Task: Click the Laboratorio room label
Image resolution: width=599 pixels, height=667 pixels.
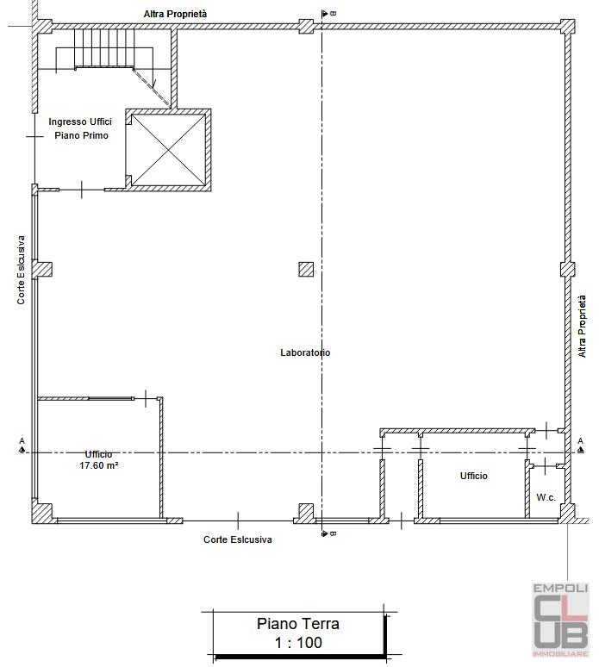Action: pyautogui.click(x=305, y=352)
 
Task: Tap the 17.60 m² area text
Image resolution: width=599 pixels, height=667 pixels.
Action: pyautogui.click(x=99, y=465)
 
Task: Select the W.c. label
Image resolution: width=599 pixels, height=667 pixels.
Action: pyautogui.click(x=546, y=497)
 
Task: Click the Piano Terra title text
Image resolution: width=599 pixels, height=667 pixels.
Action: pyautogui.click(x=298, y=624)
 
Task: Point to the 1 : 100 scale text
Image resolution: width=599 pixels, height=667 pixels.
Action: pyautogui.click(x=298, y=642)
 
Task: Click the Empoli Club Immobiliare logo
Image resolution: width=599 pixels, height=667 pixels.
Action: pyautogui.click(x=561, y=620)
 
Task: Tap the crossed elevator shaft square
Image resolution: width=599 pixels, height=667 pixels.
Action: pyautogui.click(x=168, y=150)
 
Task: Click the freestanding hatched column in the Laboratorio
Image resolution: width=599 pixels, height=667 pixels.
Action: pyautogui.click(x=306, y=269)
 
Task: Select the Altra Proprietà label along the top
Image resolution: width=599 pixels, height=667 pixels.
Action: pyautogui.click(x=175, y=14)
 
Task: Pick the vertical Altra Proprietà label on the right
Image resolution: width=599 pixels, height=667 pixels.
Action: pyautogui.click(x=582, y=327)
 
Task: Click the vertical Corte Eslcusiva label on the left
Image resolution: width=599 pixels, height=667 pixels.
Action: pyautogui.click(x=21, y=270)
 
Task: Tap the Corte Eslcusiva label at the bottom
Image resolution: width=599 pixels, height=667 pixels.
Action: pyautogui.click(x=237, y=539)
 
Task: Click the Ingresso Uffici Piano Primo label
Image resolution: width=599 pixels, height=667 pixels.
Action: pyautogui.click(x=80, y=128)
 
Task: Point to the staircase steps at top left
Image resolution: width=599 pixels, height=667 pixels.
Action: pyautogui.click(x=104, y=48)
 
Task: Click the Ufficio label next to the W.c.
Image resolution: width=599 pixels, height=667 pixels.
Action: pyautogui.click(x=473, y=476)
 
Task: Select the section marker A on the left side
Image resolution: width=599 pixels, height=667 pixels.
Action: pyautogui.click(x=22, y=446)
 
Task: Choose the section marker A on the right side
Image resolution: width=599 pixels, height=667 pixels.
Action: pyautogui.click(x=581, y=446)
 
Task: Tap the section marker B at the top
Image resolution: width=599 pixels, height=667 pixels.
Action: pyautogui.click(x=328, y=14)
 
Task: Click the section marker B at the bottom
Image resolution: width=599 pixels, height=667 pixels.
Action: pyautogui.click(x=328, y=533)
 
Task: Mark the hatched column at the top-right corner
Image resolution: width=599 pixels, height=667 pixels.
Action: pyautogui.click(x=567, y=27)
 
